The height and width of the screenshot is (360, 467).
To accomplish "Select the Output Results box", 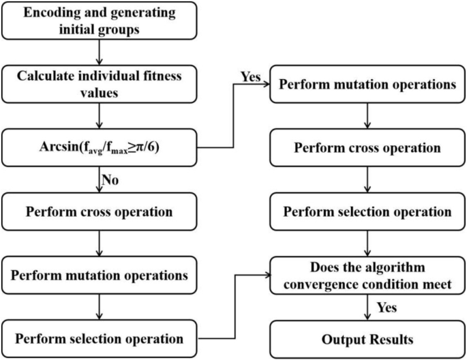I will point(367,338).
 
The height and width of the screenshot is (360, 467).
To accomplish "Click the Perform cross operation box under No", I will point(99,211).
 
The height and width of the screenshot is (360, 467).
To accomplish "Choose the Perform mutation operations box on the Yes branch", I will point(367,87).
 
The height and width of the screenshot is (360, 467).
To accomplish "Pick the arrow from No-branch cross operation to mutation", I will point(99,243).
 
